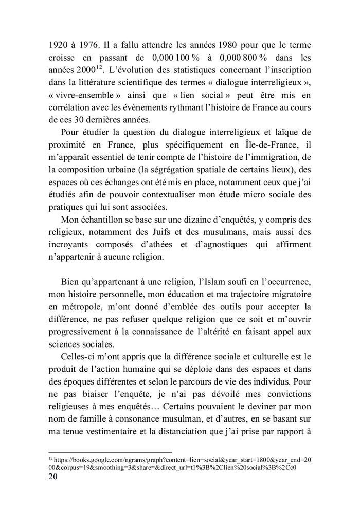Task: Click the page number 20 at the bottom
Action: tap(52, 476)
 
